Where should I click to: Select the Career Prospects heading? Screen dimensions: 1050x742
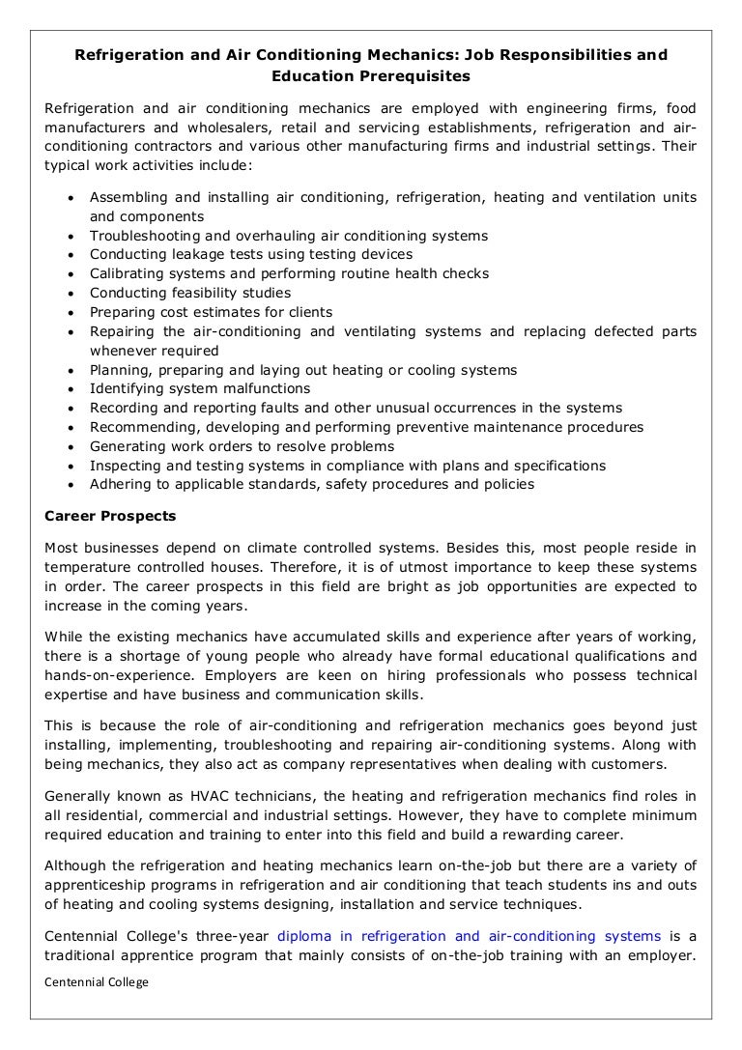point(110,516)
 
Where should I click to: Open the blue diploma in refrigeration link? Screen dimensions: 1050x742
point(469,936)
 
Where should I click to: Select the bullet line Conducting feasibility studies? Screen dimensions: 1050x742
point(189,293)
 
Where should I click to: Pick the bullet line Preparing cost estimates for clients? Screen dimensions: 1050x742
point(211,312)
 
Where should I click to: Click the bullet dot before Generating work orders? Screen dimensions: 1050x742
point(73,447)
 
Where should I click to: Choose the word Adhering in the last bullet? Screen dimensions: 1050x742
point(122,485)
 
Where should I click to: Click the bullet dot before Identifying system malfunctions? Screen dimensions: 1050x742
point(73,389)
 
